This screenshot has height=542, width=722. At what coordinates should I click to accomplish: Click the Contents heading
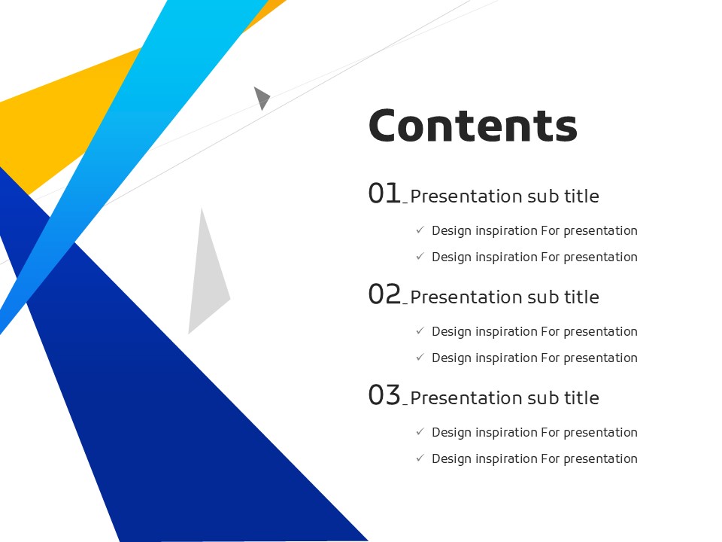(x=473, y=126)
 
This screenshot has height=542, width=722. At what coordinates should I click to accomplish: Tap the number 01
(x=384, y=193)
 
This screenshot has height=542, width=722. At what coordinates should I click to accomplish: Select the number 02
(x=385, y=294)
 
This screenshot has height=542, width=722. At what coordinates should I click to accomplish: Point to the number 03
(x=385, y=395)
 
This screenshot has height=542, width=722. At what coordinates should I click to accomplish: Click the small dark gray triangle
(x=261, y=98)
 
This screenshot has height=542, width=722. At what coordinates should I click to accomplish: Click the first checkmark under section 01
(x=420, y=230)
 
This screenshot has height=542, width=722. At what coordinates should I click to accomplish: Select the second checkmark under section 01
(x=420, y=256)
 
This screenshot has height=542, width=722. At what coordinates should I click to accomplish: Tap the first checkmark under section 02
(x=420, y=330)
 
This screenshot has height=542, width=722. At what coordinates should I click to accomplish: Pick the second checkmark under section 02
(x=420, y=357)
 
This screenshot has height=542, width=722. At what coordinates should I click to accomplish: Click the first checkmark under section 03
(x=420, y=431)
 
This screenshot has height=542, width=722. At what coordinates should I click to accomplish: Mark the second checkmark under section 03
(x=420, y=458)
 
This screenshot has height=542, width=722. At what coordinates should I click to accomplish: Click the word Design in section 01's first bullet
(x=452, y=231)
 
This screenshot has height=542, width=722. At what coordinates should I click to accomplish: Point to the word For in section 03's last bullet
(x=551, y=458)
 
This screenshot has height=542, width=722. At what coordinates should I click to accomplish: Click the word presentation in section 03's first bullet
(x=600, y=433)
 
